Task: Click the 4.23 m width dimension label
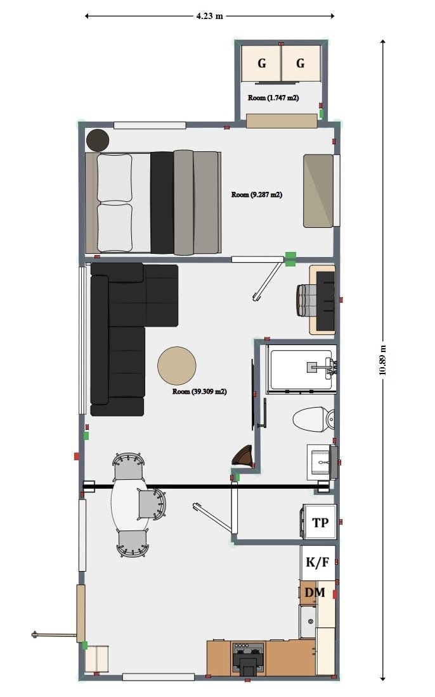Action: tap(209, 16)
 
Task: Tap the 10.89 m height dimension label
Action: tap(382, 360)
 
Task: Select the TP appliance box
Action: tap(320, 522)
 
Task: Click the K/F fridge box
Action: tap(318, 562)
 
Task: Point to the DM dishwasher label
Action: tap(315, 592)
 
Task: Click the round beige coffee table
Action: tap(177, 366)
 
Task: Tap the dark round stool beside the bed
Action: tap(98, 140)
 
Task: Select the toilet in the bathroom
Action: tap(313, 418)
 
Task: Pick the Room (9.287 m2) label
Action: tap(256, 195)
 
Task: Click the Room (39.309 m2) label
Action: tap(200, 392)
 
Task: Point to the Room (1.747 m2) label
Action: tap(273, 97)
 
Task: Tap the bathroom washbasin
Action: tap(322, 462)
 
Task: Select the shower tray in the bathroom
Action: tap(301, 369)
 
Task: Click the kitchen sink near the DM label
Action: tap(308, 621)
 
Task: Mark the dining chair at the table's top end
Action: tap(129, 465)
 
